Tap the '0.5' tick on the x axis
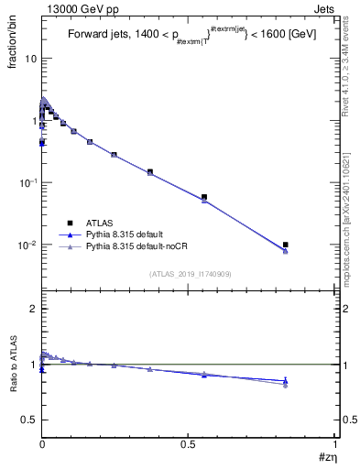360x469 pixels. click(x=189, y=443)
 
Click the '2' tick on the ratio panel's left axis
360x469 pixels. click(x=32, y=310)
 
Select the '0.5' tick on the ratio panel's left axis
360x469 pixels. click(x=28, y=420)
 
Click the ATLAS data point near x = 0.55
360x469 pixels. click(x=204, y=197)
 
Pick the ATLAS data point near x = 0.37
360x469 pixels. click(x=150, y=171)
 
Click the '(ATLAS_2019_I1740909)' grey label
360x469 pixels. click(x=189, y=273)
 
